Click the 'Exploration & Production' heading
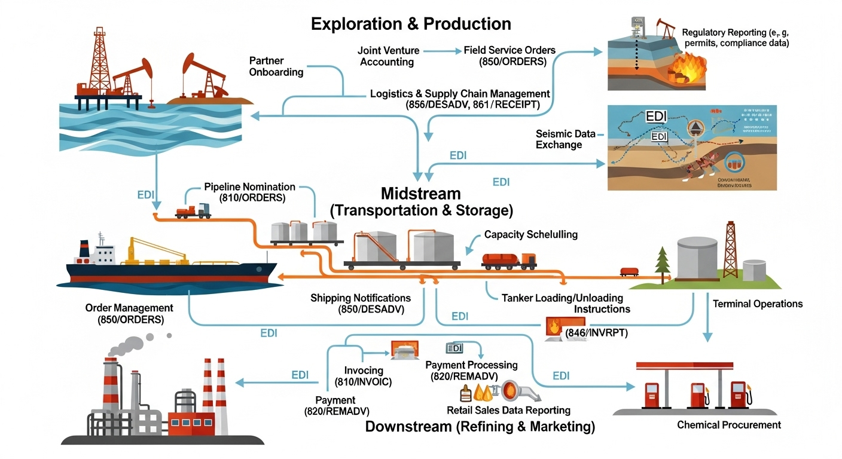pos(411,24)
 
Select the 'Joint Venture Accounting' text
pos(388,56)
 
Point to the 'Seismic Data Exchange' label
pos(566,139)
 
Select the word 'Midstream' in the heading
pos(421,194)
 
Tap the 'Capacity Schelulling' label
pos(531,234)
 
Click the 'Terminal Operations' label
pos(758,304)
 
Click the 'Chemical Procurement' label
pos(729,425)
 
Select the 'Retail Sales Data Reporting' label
pos(508,411)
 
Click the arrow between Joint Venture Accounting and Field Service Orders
pos(443,51)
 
